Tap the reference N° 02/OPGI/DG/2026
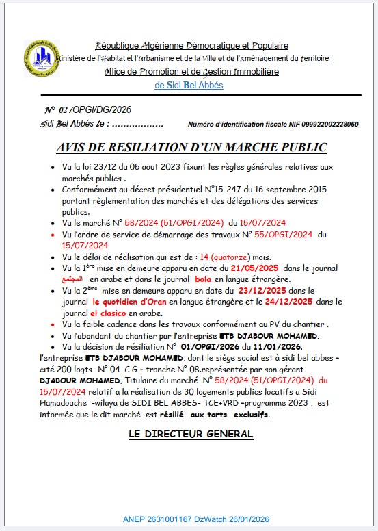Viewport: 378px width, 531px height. click(x=87, y=109)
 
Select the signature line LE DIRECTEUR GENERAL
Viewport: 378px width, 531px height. click(x=191, y=434)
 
